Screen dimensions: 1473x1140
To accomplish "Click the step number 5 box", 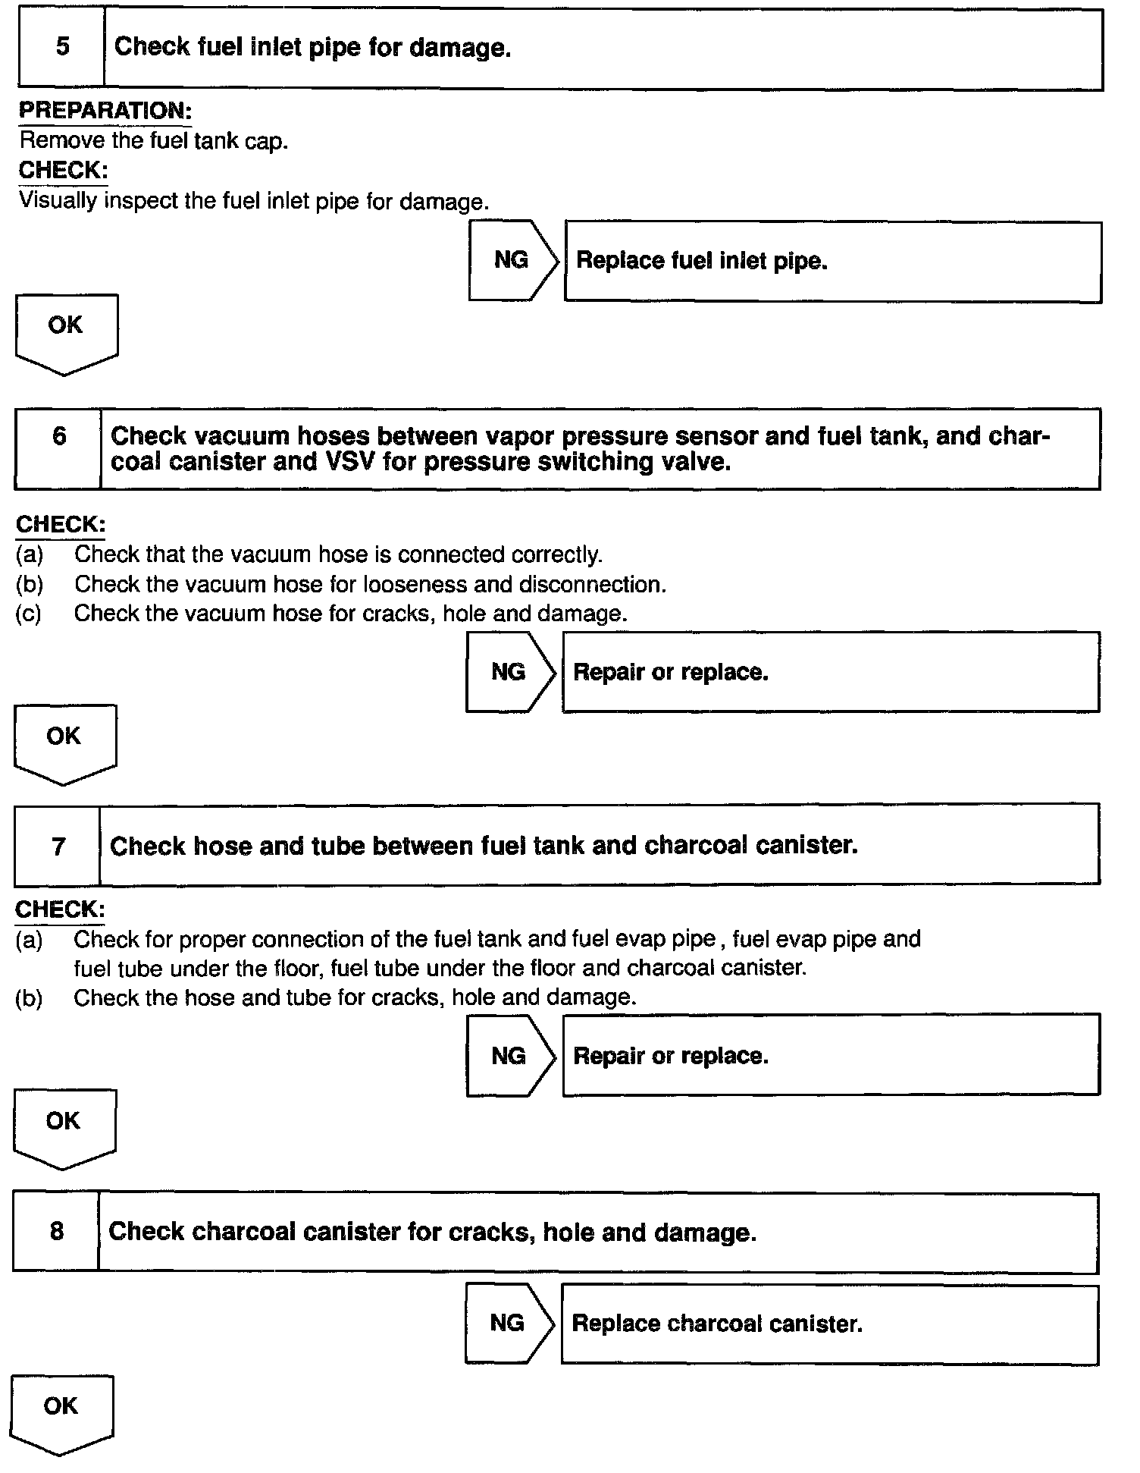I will click(x=61, y=47).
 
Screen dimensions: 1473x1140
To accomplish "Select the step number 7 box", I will click(x=58, y=846).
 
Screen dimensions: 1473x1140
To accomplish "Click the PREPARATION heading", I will click(x=105, y=111).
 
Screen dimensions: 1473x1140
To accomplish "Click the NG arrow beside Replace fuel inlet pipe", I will click(x=513, y=260).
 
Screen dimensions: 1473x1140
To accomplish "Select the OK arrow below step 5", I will click(x=66, y=331).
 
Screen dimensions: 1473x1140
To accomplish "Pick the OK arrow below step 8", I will click(x=61, y=1412).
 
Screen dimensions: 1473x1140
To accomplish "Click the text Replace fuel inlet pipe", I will click(x=701, y=261).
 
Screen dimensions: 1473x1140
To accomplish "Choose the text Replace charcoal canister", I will click(x=716, y=1324).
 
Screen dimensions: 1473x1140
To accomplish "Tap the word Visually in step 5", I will click(x=58, y=201).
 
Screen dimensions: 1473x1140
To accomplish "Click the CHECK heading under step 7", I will click(x=60, y=909).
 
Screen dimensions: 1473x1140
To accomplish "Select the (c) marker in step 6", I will click(x=28, y=613).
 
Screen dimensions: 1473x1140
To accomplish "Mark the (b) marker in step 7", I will click(x=29, y=997).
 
